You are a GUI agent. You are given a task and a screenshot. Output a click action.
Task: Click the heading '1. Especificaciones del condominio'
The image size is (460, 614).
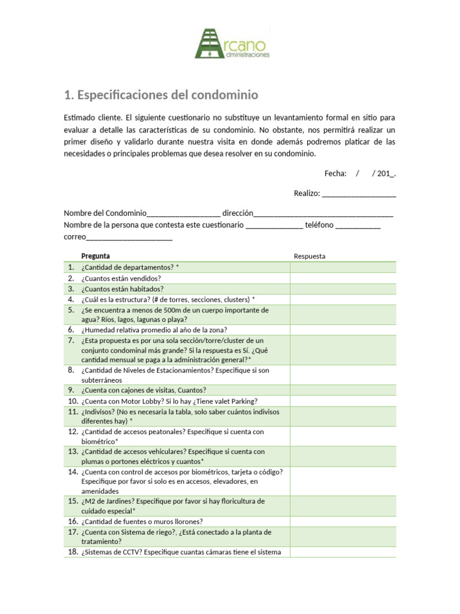161,95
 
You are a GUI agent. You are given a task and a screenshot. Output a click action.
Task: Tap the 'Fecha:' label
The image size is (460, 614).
335,173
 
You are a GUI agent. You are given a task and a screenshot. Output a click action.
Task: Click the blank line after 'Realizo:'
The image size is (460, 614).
359,193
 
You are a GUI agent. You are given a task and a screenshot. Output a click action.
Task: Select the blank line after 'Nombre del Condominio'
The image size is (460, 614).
183,213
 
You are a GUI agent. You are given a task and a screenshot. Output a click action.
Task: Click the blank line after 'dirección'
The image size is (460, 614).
323,213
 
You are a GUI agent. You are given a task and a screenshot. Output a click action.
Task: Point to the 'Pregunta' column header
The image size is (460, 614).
96,256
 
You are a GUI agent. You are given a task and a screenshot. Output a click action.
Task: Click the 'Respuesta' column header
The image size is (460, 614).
310,256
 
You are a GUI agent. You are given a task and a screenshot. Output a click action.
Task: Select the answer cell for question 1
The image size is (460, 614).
343,267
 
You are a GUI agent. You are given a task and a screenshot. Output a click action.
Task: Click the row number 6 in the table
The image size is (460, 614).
70,330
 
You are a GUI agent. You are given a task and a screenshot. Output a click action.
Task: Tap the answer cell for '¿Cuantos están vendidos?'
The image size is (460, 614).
343,278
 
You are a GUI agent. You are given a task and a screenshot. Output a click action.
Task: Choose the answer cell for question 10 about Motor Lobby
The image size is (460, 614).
343,401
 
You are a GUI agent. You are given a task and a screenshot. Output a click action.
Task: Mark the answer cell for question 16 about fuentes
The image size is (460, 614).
343,522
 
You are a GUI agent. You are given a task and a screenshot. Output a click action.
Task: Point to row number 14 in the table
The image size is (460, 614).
71,472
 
